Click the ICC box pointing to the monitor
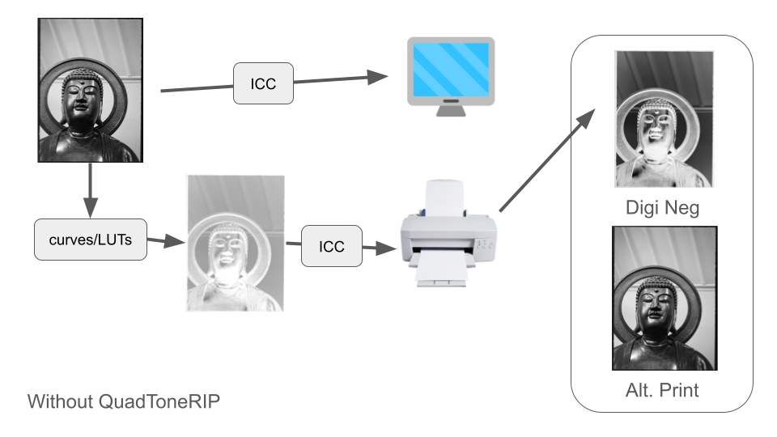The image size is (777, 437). coord(263,83)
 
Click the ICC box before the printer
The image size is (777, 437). coord(332,246)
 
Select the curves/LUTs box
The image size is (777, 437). coord(91,239)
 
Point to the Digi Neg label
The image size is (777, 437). coord(662,208)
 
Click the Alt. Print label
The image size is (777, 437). coord(662,390)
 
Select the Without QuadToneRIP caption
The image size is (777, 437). coord(123,401)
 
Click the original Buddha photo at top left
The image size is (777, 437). coord(90,91)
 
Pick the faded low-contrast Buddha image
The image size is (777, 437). coord(236,243)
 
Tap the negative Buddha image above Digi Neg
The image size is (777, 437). coord(664,119)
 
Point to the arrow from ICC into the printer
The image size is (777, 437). coord(373,248)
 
